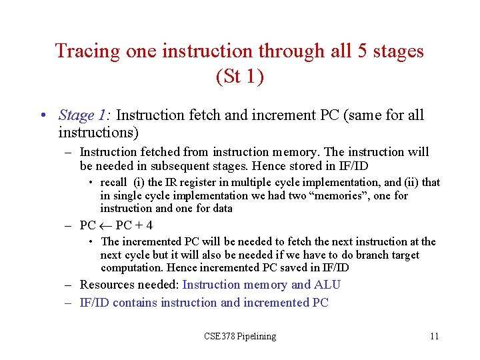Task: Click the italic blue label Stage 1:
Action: point(85,115)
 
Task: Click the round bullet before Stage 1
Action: point(43,116)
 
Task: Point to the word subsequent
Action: point(178,165)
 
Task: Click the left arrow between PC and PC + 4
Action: point(106,225)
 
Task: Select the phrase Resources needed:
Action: point(129,285)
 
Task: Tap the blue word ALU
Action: point(327,285)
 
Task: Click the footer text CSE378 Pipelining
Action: point(239,336)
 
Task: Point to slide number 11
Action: point(434,336)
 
